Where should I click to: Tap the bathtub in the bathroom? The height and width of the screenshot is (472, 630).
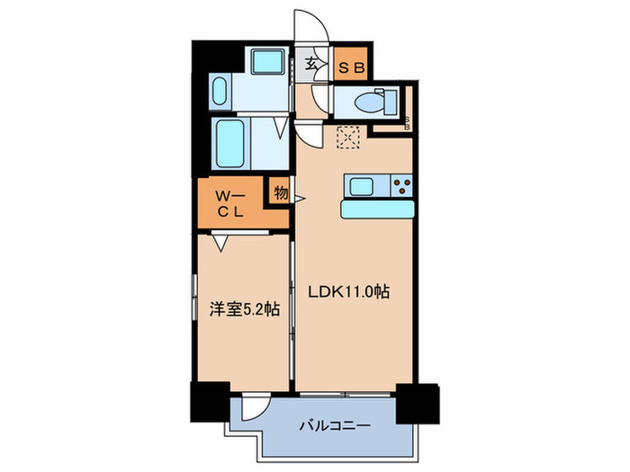pyautogui.click(x=230, y=140)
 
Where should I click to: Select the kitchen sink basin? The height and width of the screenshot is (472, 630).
pyautogui.click(x=363, y=187)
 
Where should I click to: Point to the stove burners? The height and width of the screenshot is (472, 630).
pyautogui.click(x=400, y=187)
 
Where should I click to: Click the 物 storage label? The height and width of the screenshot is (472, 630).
pyautogui.click(x=281, y=192)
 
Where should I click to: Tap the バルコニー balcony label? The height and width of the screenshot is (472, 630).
pyautogui.click(x=334, y=425)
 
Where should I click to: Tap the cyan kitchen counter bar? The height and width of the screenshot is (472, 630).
pyautogui.click(x=377, y=209)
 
